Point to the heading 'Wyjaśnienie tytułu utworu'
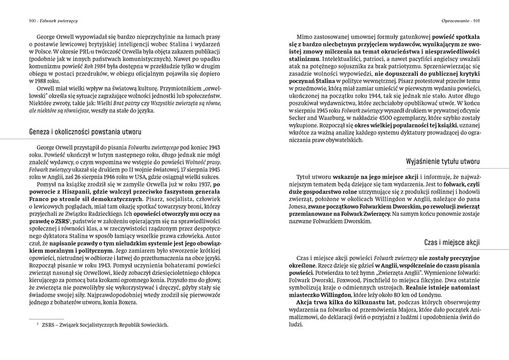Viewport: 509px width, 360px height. click(x=443, y=161)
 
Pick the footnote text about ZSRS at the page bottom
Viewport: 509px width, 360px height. click(x=104, y=324)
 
